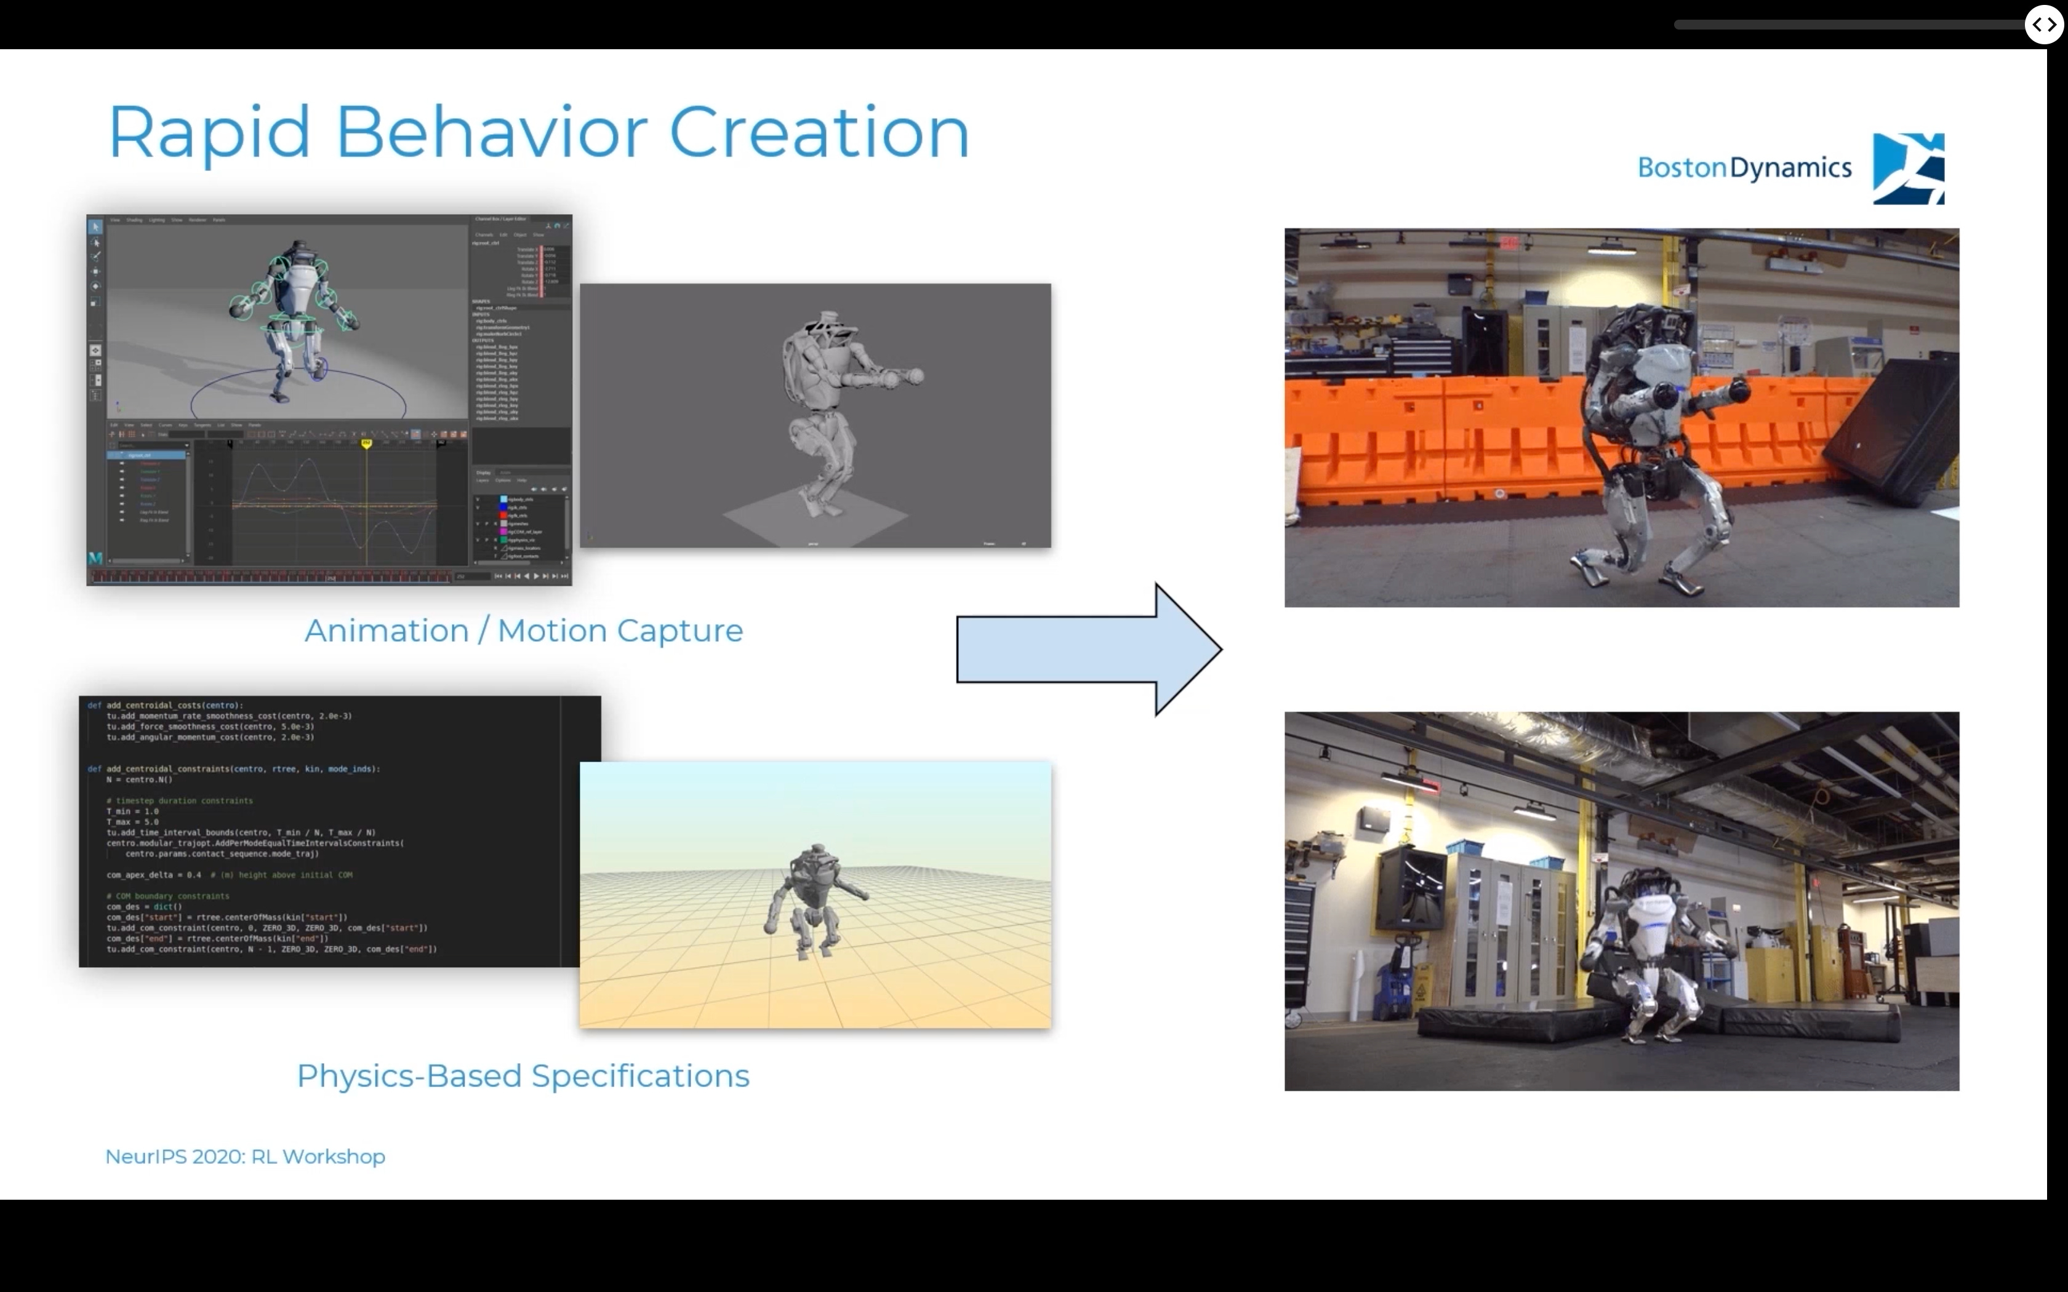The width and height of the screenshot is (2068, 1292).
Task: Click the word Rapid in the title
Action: [209, 132]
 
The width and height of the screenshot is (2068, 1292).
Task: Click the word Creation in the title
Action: [819, 132]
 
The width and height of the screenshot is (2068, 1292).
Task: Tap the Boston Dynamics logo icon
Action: [1907, 169]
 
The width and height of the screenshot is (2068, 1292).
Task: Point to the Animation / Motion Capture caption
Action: [523, 631]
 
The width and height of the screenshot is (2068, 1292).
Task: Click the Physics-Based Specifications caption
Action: [523, 1076]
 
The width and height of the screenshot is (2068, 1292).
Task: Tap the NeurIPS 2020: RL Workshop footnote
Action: [245, 1156]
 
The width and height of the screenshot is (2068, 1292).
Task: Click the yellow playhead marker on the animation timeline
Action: [367, 444]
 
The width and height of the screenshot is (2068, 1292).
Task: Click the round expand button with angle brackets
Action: [2043, 25]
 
